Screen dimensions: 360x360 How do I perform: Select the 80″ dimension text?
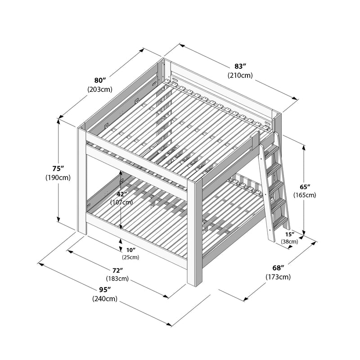[100, 81]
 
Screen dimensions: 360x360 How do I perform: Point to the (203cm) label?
[99, 89]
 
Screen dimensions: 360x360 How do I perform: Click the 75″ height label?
[58, 168]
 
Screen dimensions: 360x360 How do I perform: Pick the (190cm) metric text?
[58, 177]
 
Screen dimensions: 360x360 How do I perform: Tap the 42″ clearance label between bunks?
[121, 193]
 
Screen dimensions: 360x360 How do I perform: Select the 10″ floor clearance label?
[130, 250]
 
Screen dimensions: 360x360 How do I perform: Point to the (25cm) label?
[130, 257]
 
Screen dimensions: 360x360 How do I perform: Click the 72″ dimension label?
[117, 270]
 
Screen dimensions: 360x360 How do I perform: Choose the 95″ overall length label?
[105, 290]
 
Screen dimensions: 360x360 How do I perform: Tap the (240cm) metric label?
[105, 299]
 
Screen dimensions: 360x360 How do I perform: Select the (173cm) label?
[277, 277]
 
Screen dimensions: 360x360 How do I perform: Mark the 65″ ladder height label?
[305, 186]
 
